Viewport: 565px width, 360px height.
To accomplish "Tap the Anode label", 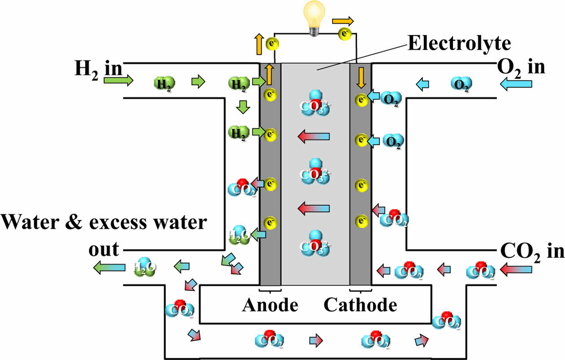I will click(x=270, y=305).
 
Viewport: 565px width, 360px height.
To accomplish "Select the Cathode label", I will click(x=360, y=305).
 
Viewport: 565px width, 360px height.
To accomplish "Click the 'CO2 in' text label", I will click(x=531, y=251).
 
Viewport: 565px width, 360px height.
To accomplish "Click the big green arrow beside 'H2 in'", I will click(x=118, y=81).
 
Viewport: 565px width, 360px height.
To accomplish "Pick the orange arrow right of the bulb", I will click(x=343, y=21).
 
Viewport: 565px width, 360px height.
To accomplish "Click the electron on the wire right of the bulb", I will click(x=345, y=33).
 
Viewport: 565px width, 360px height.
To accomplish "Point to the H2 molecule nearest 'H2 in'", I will click(x=164, y=83).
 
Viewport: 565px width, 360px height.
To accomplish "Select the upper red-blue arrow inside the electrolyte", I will click(x=315, y=136).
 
